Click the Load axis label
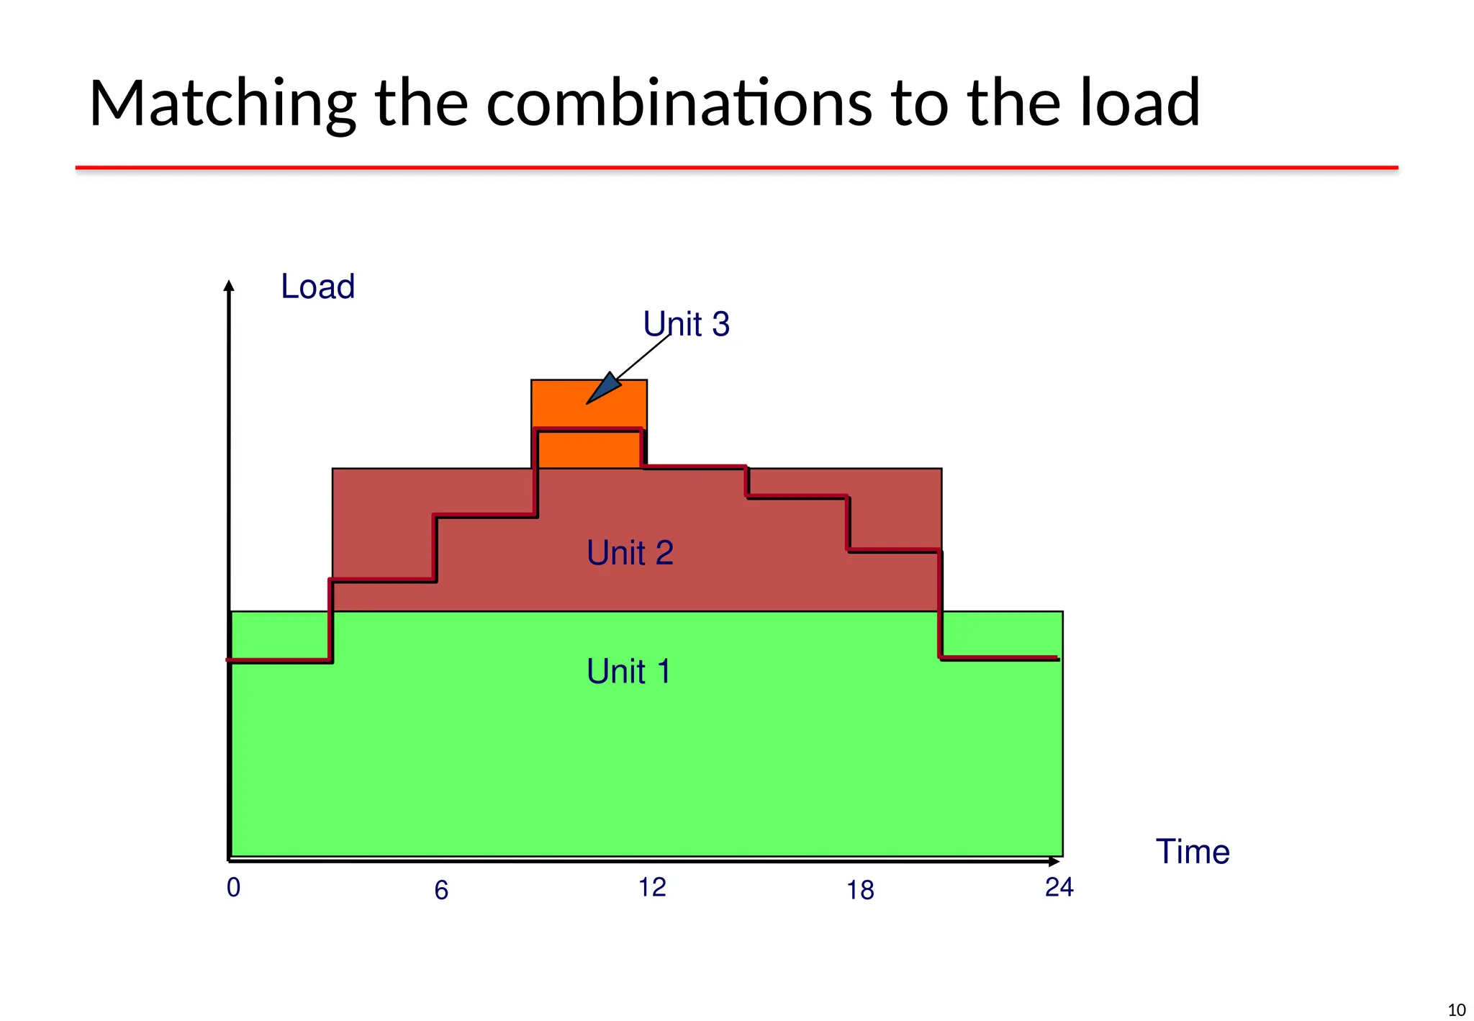pyautogui.click(x=317, y=287)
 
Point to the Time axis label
pyautogui.click(x=1193, y=852)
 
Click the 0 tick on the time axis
pyautogui.click(x=233, y=888)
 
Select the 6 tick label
pyautogui.click(x=441, y=891)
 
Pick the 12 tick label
pyautogui.click(x=652, y=888)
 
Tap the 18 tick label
pyautogui.click(x=860, y=891)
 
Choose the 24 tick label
pyautogui.click(x=1059, y=888)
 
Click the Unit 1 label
pyautogui.click(x=628, y=672)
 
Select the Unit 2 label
pyautogui.click(x=630, y=553)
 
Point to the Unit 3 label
pyautogui.click(x=686, y=324)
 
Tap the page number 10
pyautogui.click(x=1456, y=1010)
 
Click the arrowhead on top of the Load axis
pyautogui.click(x=229, y=286)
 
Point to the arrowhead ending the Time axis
pyautogui.click(x=1054, y=861)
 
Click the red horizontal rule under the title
pyautogui.click(x=736, y=168)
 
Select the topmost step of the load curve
pyautogui.click(x=589, y=430)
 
